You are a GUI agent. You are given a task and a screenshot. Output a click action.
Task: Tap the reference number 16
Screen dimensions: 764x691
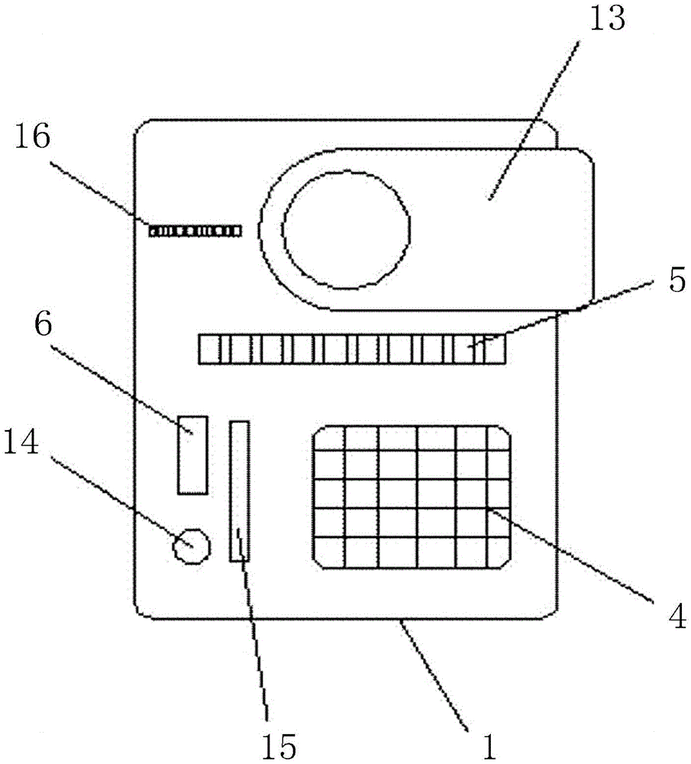pos(31,138)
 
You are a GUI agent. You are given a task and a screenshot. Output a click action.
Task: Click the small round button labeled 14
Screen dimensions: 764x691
pos(190,546)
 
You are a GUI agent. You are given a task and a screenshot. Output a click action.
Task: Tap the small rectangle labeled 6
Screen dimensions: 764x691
pos(192,455)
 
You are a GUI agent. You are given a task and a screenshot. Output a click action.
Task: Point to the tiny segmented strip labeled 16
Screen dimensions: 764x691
pos(195,230)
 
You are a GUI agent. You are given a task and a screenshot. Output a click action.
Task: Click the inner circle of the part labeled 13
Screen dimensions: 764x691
pos(347,229)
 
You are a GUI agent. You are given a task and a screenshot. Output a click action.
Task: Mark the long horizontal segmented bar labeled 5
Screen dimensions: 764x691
pos(351,348)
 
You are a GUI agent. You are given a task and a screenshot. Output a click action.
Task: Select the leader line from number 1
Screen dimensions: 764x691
pos(439,668)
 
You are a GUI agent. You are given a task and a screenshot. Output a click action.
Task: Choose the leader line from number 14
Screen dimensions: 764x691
pos(115,497)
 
